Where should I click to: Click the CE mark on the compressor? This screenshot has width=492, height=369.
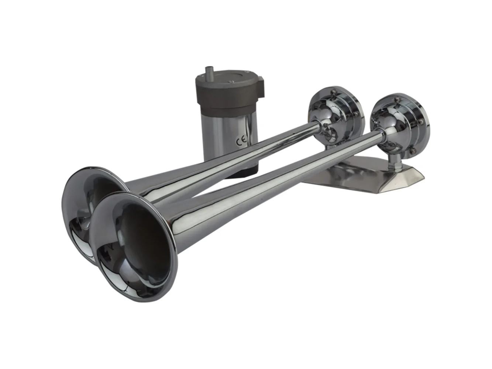[x=242, y=141]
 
